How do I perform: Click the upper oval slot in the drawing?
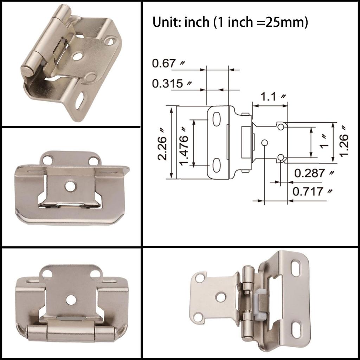[x=217, y=119]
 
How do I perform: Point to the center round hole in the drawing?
[x=265, y=142]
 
